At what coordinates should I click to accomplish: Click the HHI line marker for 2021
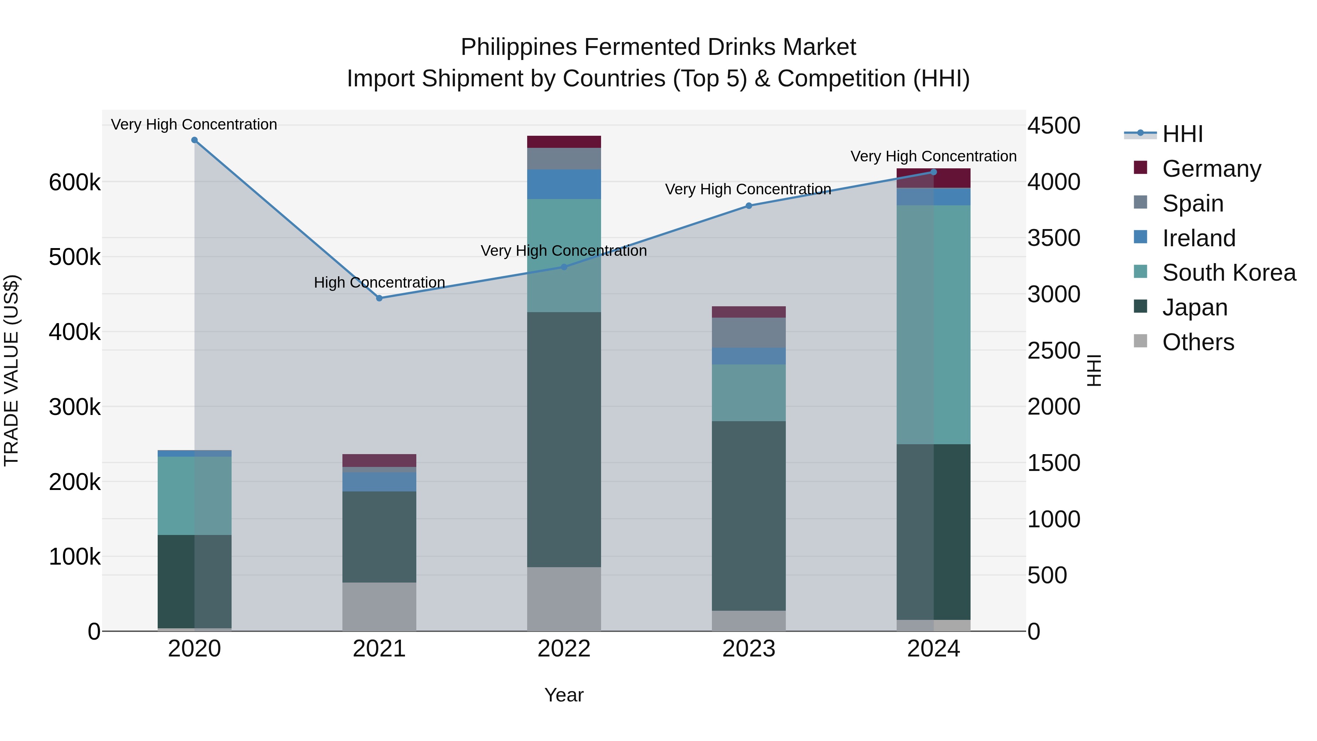379,298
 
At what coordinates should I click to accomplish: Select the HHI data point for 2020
194,140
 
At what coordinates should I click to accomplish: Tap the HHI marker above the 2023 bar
748,206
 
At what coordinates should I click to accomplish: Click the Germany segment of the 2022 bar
564,142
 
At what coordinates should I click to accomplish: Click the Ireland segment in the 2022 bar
564,184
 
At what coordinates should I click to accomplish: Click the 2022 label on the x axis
564,649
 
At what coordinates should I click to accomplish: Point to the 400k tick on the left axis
75,332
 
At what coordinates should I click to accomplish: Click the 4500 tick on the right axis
1054,126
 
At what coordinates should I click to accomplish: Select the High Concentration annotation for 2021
379,283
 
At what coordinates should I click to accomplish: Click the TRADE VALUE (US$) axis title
11,370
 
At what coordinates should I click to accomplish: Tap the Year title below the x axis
564,695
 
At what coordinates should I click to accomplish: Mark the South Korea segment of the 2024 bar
934,325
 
